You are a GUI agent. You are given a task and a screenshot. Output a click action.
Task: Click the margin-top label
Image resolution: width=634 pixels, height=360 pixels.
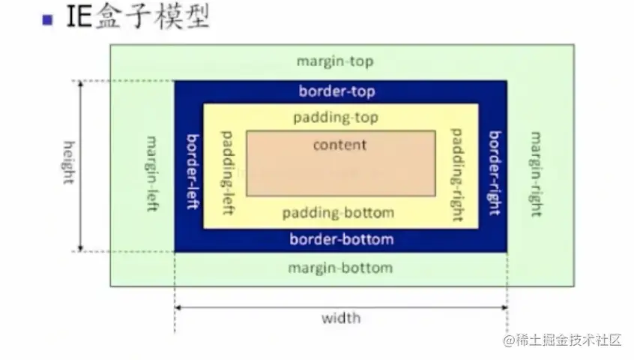[334, 61]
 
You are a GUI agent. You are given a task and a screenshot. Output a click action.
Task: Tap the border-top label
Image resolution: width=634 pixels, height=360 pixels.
[336, 91]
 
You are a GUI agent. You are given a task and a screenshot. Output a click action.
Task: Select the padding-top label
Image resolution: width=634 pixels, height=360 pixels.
[336, 118]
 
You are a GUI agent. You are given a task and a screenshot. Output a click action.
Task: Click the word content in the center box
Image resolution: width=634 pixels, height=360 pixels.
[339, 145]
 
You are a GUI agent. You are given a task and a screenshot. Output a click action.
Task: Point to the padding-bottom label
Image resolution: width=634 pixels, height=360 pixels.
[338, 213]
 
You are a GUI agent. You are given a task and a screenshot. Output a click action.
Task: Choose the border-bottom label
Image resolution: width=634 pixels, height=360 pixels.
[341, 240]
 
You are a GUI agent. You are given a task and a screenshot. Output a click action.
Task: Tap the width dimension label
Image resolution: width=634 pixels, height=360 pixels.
[341, 318]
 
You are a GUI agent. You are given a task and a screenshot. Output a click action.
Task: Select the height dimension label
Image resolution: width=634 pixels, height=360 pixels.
[69, 163]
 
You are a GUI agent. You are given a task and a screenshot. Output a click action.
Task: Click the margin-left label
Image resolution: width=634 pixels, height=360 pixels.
[152, 174]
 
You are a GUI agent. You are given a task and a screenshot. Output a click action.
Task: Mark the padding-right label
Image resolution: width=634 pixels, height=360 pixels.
[456, 174]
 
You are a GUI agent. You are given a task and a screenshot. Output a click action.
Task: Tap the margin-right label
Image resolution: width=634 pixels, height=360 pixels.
[536, 174]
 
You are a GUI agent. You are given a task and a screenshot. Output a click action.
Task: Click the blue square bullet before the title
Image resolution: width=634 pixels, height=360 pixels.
[47, 20]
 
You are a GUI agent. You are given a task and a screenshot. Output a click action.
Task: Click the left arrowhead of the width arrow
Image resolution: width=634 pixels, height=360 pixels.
[178, 307]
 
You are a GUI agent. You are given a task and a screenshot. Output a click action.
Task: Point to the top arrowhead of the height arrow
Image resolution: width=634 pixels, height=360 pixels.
[80, 84]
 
